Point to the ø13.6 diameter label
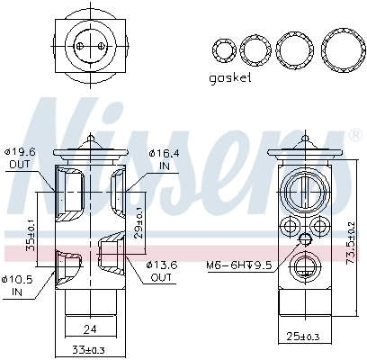point(162,265)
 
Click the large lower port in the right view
point(304,267)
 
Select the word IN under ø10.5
point(16,292)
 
